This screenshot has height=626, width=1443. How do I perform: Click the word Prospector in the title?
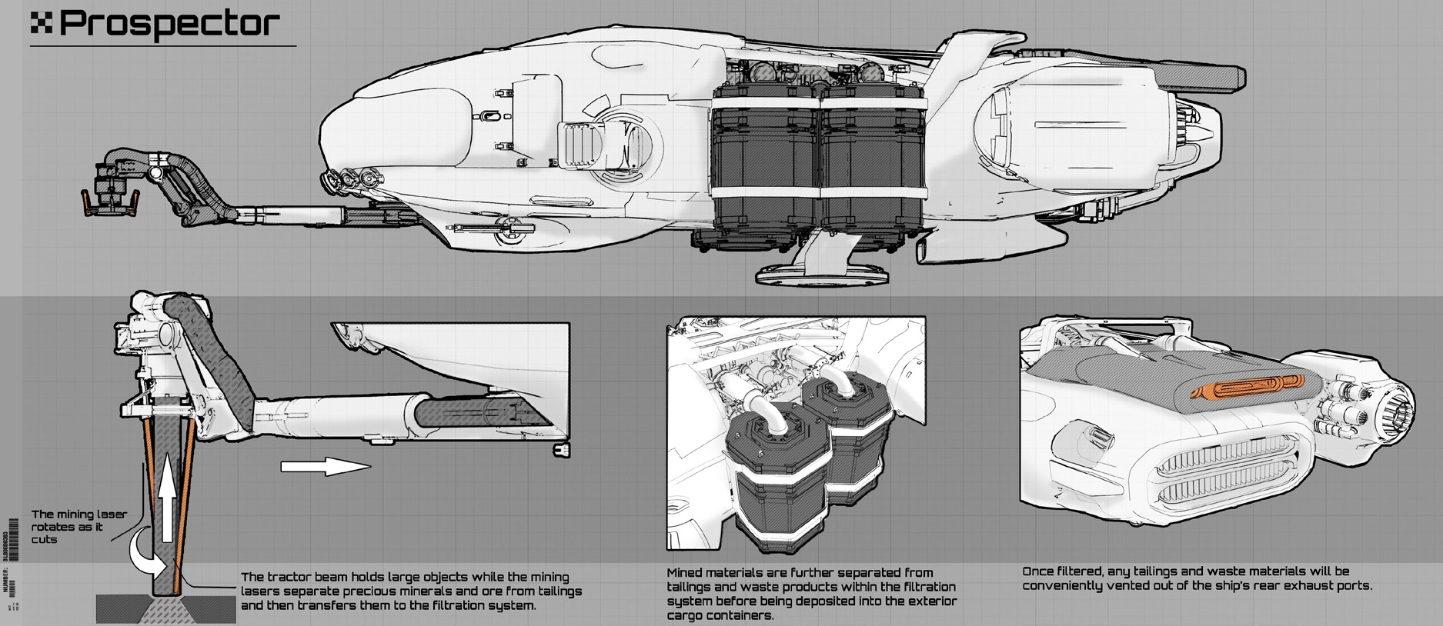tap(169, 25)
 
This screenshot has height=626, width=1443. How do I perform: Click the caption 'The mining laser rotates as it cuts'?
tap(78, 527)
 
